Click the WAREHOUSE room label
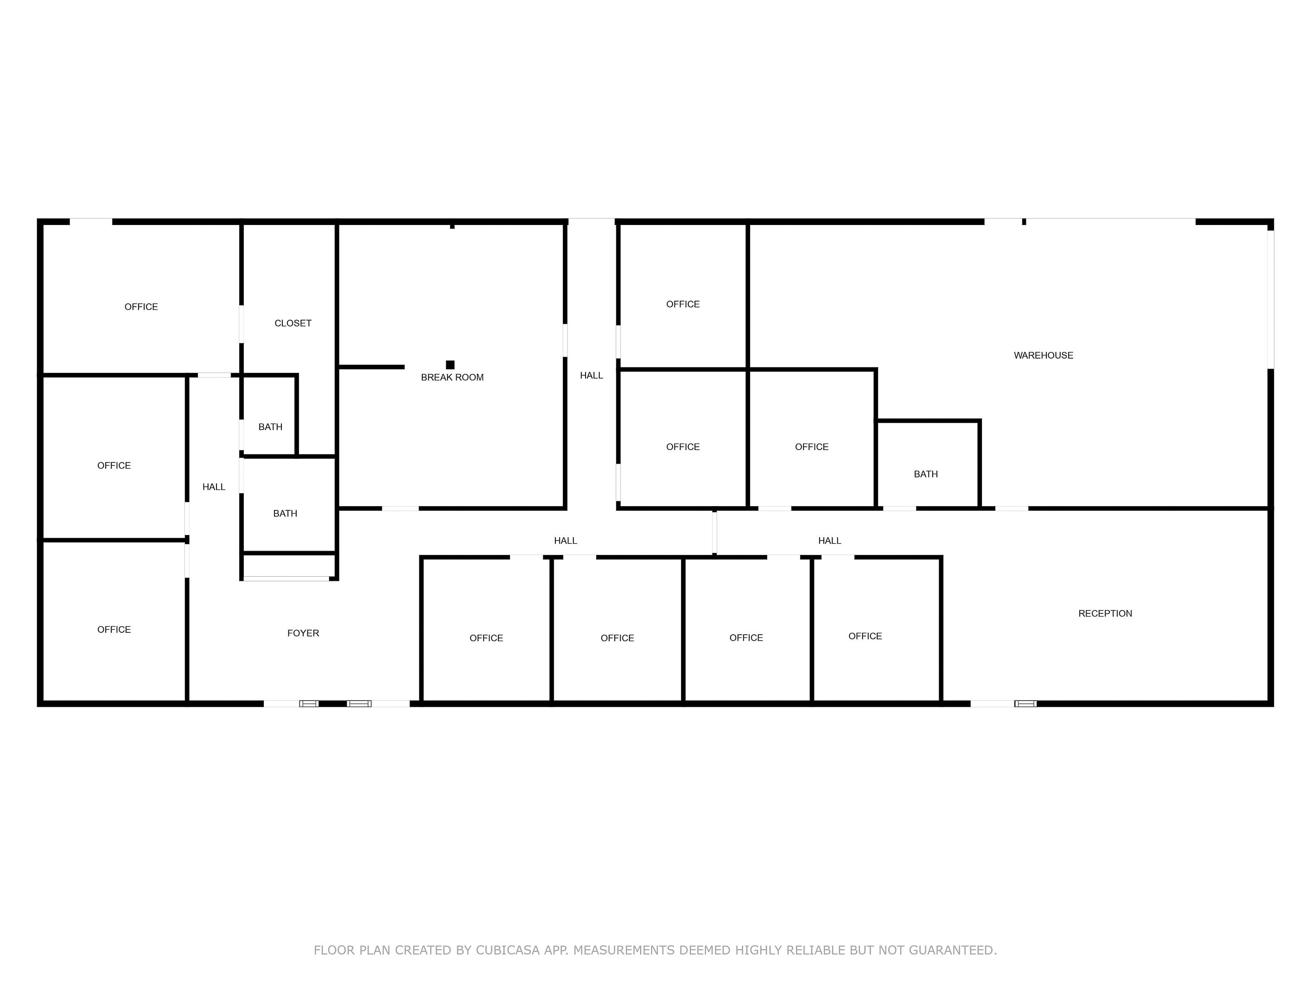pyautogui.click(x=1043, y=355)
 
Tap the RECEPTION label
pyautogui.click(x=1105, y=613)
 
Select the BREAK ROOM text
pyautogui.click(x=452, y=377)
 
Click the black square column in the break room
pyautogui.click(x=450, y=365)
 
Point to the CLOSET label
pyautogui.click(x=293, y=323)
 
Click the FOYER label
pyautogui.click(x=303, y=633)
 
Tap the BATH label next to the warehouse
pyautogui.click(x=926, y=474)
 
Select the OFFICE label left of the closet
pyautogui.click(x=141, y=307)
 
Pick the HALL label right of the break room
pyautogui.click(x=591, y=375)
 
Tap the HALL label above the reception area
pyautogui.click(x=829, y=540)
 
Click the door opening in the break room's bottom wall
pyautogui.click(x=400, y=508)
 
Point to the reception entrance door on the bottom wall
pyautogui.click(x=1003, y=703)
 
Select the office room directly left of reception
pyautogui.click(x=876, y=630)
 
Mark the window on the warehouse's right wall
pyautogui.click(x=1270, y=300)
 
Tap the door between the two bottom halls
pyautogui.click(x=714, y=532)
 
